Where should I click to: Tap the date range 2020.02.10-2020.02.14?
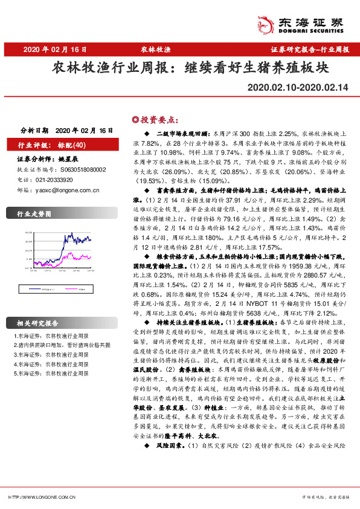[298, 88]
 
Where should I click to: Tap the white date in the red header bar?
[56, 50]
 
